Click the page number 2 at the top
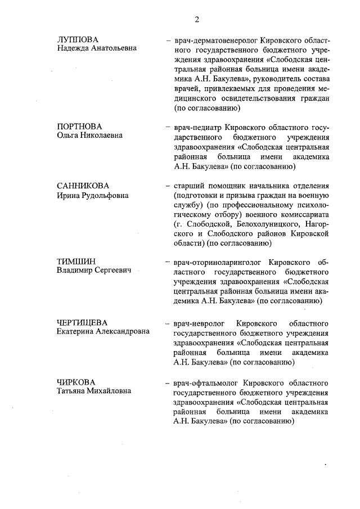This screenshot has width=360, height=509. click(197, 21)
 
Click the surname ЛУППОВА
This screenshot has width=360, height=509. click(78, 39)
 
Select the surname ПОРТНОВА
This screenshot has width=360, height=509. click(79, 126)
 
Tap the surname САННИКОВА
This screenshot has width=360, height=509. click(83, 186)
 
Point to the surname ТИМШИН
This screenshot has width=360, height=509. click(76, 262)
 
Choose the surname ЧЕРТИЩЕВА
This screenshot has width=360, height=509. click(82, 322)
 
